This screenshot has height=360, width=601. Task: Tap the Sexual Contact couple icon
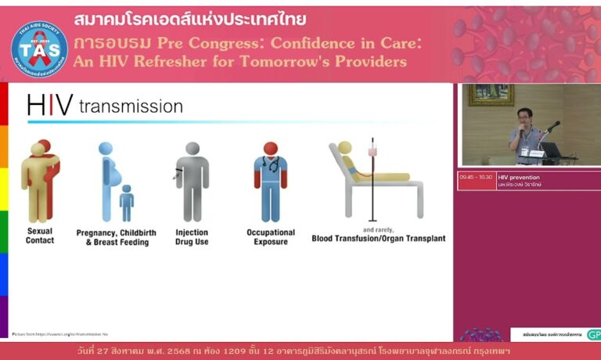[40, 180]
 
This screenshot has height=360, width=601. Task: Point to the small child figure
[126, 203]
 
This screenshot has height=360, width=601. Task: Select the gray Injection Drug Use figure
[192, 181]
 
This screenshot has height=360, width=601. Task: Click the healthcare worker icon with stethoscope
[270, 181]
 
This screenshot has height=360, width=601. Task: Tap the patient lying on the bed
[368, 168]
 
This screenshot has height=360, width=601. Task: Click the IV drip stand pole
[372, 180]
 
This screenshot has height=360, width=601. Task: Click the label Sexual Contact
[40, 236]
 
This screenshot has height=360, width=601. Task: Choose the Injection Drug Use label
[193, 236]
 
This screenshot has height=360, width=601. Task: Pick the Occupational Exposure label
[271, 236]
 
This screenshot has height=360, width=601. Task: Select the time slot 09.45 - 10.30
[477, 177]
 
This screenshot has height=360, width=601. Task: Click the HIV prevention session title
[519, 177]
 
